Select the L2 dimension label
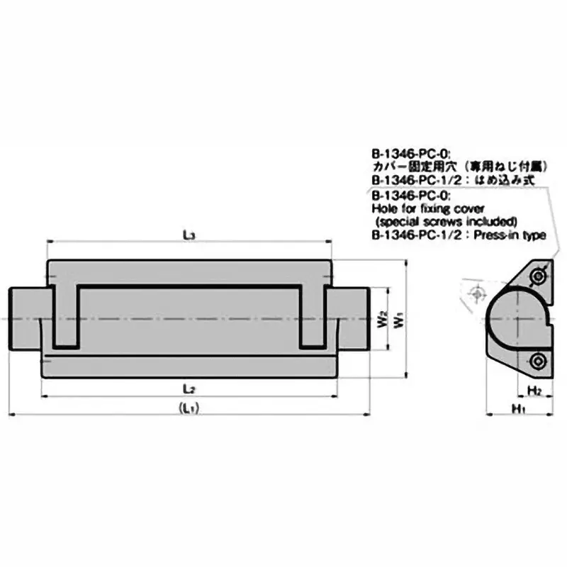point(189,388)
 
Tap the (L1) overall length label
point(189,408)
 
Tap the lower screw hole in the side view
point(539,361)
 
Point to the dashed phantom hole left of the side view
point(479,292)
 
